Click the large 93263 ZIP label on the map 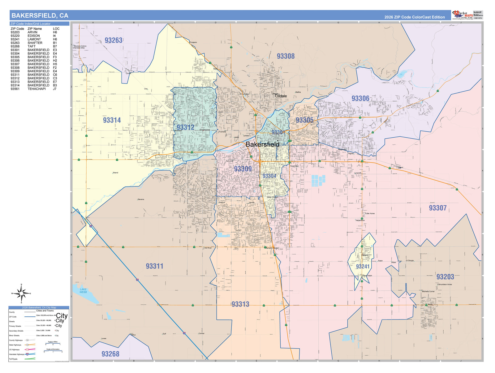pyautogui.click(x=114, y=41)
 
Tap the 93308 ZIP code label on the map pyautogui.click(x=286, y=56)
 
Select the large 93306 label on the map pyautogui.click(x=360, y=98)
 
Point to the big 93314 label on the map pyautogui.click(x=112, y=120)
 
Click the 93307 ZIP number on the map pyautogui.click(x=437, y=208)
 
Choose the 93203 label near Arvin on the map pyautogui.click(x=445, y=277)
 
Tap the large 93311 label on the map pyautogui.click(x=154, y=266)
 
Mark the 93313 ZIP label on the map pyautogui.click(x=240, y=304)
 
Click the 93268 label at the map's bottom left pyautogui.click(x=110, y=354)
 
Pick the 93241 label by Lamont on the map pyautogui.click(x=363, y=267)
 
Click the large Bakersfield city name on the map pyautogui.click(x=262, y=144)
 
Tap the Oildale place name pyautogui.click(x=281, y=96)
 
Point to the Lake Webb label pyautogui.click(x=83, y=291)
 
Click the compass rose pyautogui.click(x=21, y=294)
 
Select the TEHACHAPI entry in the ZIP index pyautogui.click(x=37, y=89)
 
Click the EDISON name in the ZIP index pyautogui.click(x=34, y=36)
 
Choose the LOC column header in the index pyautogui.click(x=56, y=29)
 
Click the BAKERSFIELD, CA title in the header pyautogui.click(x=40, y=15)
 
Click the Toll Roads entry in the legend pyautogui.click(x=13, y=359)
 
